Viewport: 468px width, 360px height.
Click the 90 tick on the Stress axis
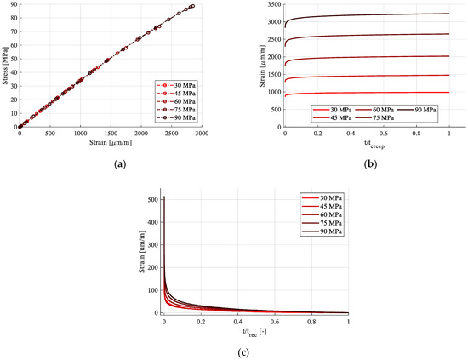tap(12, 5)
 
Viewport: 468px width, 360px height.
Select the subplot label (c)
tap(241, 349)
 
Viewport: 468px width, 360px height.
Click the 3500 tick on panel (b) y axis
tap(273, 5)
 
